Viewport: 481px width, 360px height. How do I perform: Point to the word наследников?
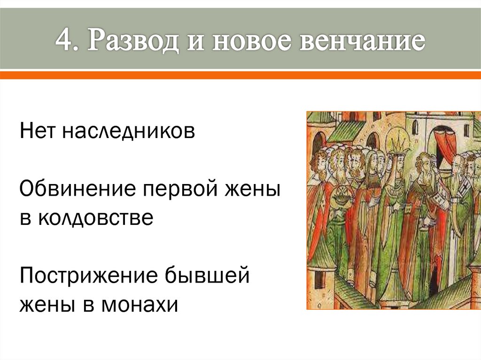coord(127,131)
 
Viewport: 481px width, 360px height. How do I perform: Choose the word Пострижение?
coord(89,276)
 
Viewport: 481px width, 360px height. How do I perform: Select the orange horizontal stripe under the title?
coord(240,75)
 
